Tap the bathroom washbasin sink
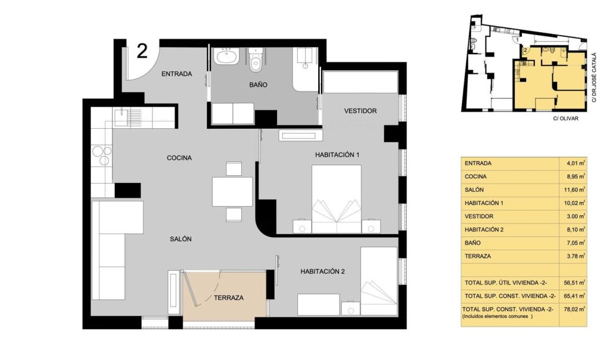[226, 57]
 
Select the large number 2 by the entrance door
[142, 51]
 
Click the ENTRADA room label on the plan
[176, 73]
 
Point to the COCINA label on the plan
[179, 157]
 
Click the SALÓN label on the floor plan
[180, 239]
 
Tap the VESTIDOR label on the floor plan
[360, 111]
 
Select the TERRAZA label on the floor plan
[229, 298]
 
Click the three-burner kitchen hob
[102, 155]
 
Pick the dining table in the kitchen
[232, 191]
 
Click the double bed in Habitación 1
[337, 199]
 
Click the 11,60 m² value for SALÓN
[575, 190]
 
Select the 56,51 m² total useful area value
[575, 283]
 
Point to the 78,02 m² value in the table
[575, 309]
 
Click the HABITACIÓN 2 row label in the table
[484, 229]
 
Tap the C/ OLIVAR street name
[566, 119]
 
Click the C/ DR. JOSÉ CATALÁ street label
[594, 77]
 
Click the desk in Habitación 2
[319, 305]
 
